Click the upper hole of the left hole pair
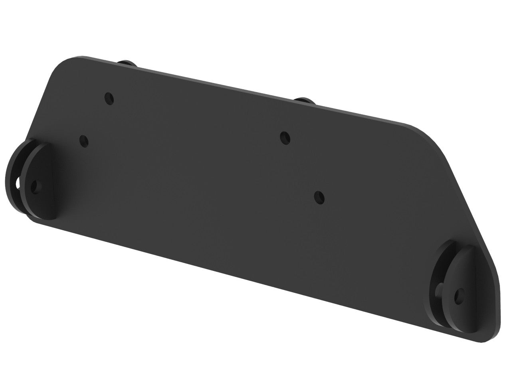(109, 98)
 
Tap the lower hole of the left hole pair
(84, 140)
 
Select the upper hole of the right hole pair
(285, 138)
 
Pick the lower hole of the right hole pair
(319, 197)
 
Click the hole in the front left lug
(36, 186)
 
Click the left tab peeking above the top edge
(127, 63)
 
